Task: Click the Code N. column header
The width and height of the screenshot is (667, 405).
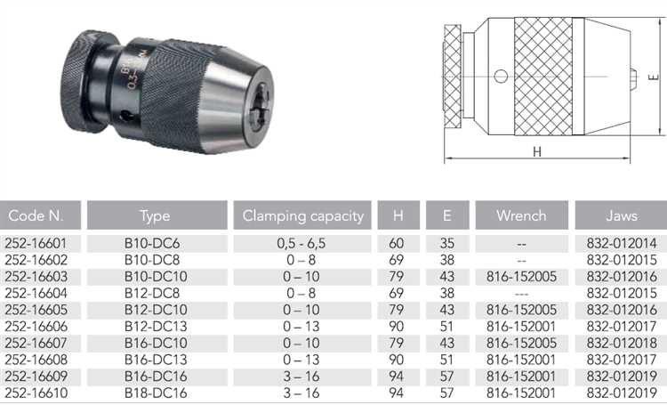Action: click(36, 215)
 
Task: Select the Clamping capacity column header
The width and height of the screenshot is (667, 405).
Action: click(303, 216)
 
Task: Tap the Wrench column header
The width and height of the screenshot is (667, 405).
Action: click(521, 215)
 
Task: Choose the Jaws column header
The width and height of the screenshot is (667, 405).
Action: click(622, 215)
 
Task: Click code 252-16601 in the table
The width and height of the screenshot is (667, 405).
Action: click(36, 243)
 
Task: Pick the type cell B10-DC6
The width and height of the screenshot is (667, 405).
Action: click(152, 243)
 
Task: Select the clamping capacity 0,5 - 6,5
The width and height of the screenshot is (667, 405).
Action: click(301, 243)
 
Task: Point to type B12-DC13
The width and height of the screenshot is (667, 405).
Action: click(156, 326)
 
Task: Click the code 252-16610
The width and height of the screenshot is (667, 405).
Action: click(36, 393)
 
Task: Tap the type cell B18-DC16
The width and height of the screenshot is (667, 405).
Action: click(156, 393)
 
